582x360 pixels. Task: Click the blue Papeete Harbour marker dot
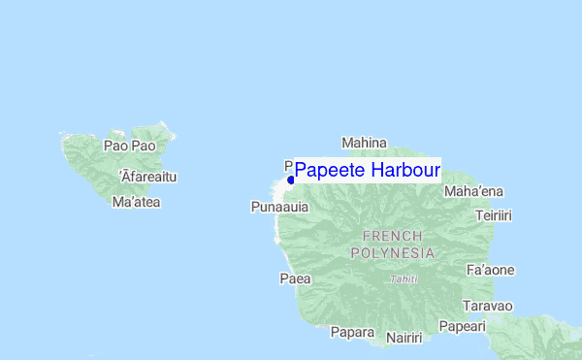click(x=291, y=180)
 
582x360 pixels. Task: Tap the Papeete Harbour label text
click(x=367, y=171)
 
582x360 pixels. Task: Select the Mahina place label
click(x=364, y=143)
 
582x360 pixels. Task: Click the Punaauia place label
click(x=279, y=207)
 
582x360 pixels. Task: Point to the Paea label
click(x=295, y=278)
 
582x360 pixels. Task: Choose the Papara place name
click(x=352, y=332)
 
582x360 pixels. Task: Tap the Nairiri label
click(x=404, y=338)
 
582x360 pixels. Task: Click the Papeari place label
click(x=462, y=327)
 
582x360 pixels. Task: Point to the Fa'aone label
click(x=490, y=270)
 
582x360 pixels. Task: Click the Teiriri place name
click(x=494, y=214)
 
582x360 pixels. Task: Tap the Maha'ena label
click(x=472, y=191)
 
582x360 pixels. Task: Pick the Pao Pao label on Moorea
click(x=129, y=147)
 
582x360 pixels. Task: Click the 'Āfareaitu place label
click(x=147, y=177)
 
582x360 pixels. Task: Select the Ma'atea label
click(x=136, y=203)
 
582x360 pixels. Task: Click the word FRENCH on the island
click(x=392, y=236)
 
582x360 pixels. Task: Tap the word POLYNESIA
click(x=392, y=252)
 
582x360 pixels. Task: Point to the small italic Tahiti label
click(x=404, y=279)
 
